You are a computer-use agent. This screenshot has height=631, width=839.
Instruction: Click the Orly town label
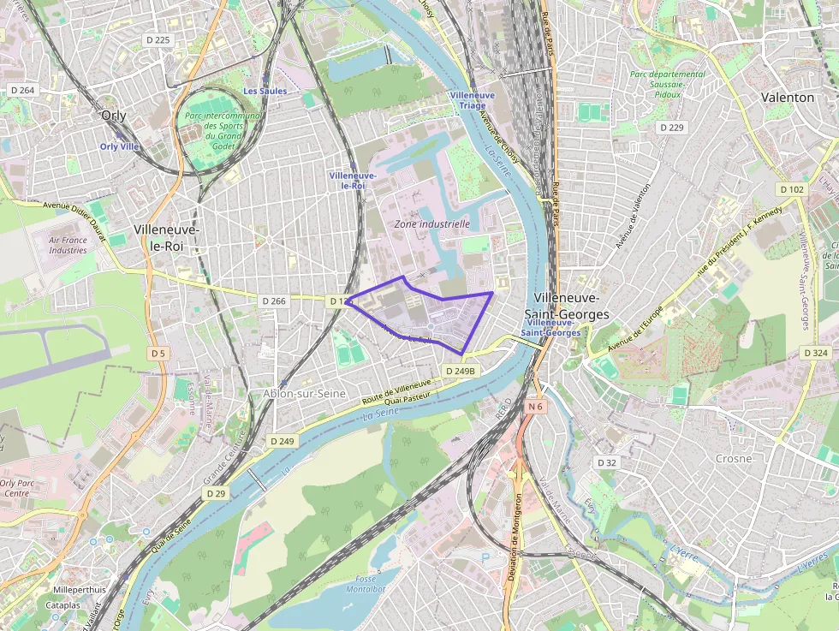pyautogui.click(x=113, y=116)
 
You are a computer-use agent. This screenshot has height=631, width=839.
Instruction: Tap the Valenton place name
pyautogui.click(x=788, y=98)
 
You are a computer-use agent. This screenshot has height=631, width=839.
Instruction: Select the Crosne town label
pyautogui.click(x=734, y=458)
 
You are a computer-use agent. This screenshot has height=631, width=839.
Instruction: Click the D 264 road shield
pyautogui.click(x=22, y=90)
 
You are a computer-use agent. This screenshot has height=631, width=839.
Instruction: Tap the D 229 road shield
pyautogui.click(x=672, y=127)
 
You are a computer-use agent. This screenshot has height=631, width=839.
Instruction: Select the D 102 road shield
pyautogui.click(x=792, y=188)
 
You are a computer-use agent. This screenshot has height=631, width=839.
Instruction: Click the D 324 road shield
pyautogui.click(x=816, y=353)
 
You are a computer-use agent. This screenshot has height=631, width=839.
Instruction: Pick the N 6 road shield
pyautogui.click(x=536, y=407)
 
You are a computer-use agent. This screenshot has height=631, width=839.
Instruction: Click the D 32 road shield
pyautogui.click(x=606, y=462)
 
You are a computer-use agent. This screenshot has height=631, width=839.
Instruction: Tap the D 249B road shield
pyautogui.click(x=460, y=371)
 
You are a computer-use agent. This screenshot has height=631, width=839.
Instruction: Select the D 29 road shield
pyautogui.click(x=216, y=493)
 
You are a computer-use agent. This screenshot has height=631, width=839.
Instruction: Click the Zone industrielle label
pyautogui.click(x=432, y=224)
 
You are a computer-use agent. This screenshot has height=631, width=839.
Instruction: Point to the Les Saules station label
pyautogui.click(x=265, y=91)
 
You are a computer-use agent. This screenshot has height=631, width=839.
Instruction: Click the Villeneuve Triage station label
pyautogui.click(x=472, y=100)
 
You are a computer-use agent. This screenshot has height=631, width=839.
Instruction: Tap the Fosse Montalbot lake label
pyautogui.click(x=366, y=584)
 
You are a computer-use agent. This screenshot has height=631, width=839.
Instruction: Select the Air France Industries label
pyautogui.click(x=68, y=246)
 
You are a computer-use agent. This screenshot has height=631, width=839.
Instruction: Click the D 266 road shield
pyautogui.click(x=274, y=301)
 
